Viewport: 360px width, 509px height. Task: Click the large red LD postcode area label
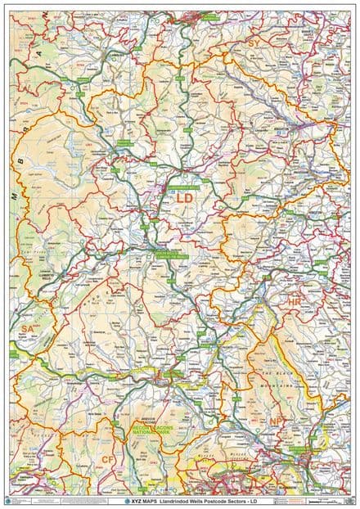186,199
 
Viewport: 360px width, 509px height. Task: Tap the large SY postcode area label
254,43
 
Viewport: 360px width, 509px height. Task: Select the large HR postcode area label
295,302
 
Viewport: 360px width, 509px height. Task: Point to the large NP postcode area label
276,421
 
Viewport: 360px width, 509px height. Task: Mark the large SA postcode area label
27,328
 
